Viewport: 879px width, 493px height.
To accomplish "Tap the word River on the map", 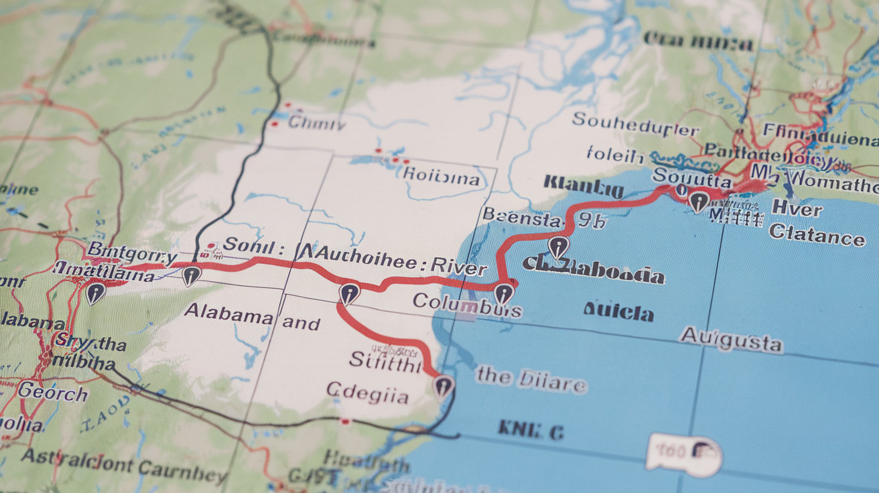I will (x=458, y=266).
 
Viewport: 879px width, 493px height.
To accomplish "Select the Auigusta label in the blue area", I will (x=731, y=340).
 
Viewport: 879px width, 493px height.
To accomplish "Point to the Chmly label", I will (x=316, y=123).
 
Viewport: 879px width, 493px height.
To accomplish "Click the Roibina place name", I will (x=442, y=177).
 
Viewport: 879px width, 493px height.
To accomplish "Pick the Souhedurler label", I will (x=635, y=125).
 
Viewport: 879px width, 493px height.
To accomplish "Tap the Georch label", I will (x=53, y=393).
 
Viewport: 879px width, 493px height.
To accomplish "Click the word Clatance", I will (x=817, y=234).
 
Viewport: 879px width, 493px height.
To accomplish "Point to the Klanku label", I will (x=584, y=186).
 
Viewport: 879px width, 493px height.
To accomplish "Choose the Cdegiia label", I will (x=368, y=393).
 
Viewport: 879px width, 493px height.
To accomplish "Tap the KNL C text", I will (x=531, y=430).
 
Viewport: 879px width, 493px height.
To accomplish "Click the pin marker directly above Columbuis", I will (x=504, y=293).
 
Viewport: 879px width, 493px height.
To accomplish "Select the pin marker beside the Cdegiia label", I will (x=443, y=386).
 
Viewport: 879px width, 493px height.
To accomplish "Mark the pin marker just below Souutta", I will (x=699, y=200).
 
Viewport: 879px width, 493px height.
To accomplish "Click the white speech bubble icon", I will (x=683, y=455).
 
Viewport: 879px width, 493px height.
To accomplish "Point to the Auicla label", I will (x=618, y=311).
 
